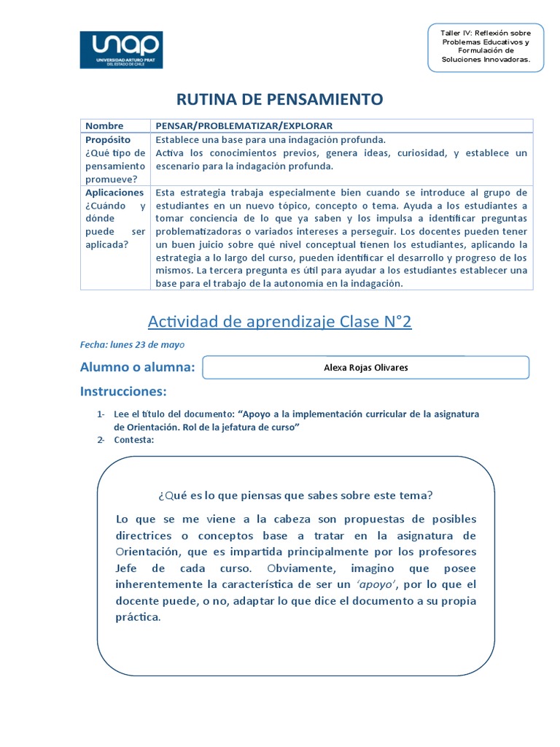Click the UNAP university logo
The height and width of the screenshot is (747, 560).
[121, 50]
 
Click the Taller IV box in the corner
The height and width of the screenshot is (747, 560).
[486, 46]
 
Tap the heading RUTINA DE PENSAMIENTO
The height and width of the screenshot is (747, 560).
[280, 99]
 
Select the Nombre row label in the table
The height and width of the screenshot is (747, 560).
[104, 125]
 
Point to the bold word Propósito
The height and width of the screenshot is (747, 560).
[108, 139]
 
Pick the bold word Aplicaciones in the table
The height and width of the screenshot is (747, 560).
[114, 193]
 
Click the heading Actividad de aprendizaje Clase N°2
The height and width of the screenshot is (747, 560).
[280, 322]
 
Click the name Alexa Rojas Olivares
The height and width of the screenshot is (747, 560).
[365, 368]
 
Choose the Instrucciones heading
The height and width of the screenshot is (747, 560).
[123, 392]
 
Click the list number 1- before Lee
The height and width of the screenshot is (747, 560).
[101, 414]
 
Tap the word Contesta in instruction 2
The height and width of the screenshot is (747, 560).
[133, 439]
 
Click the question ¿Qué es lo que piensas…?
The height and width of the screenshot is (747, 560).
[295, 495]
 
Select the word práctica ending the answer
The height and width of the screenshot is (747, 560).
[137, 617]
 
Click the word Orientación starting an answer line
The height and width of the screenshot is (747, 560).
[152, 551]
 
